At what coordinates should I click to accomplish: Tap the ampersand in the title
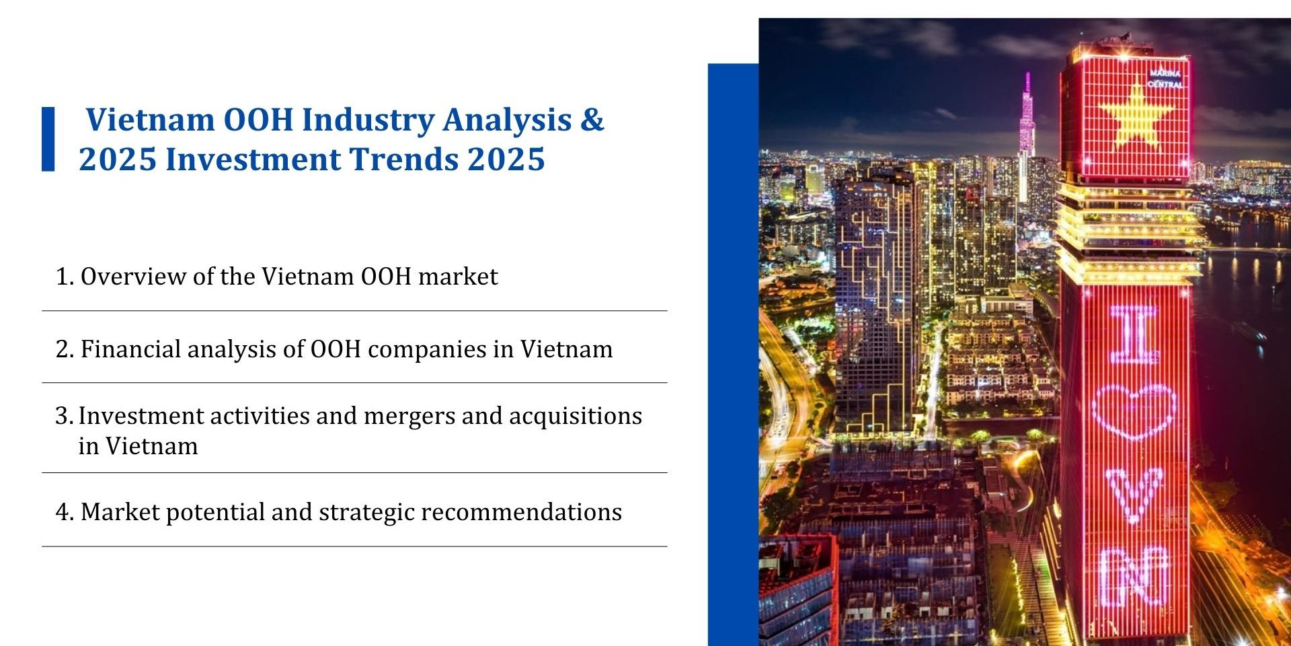click(x=592, y=120)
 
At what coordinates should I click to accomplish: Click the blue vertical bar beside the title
click(x=48, y=139)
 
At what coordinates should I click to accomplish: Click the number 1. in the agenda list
click(x=65, y=277)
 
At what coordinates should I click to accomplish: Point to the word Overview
click(x=134, y=277)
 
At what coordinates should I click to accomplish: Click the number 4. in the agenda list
click(x=65, y=512)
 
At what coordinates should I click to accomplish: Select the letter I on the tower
click(x=1134, y=334)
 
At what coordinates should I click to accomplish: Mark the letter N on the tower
click(x=1134, y=577)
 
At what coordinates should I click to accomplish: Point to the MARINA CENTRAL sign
click(x=1165, y=79)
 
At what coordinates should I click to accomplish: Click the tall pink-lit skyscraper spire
click(x=1027, y=114)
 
